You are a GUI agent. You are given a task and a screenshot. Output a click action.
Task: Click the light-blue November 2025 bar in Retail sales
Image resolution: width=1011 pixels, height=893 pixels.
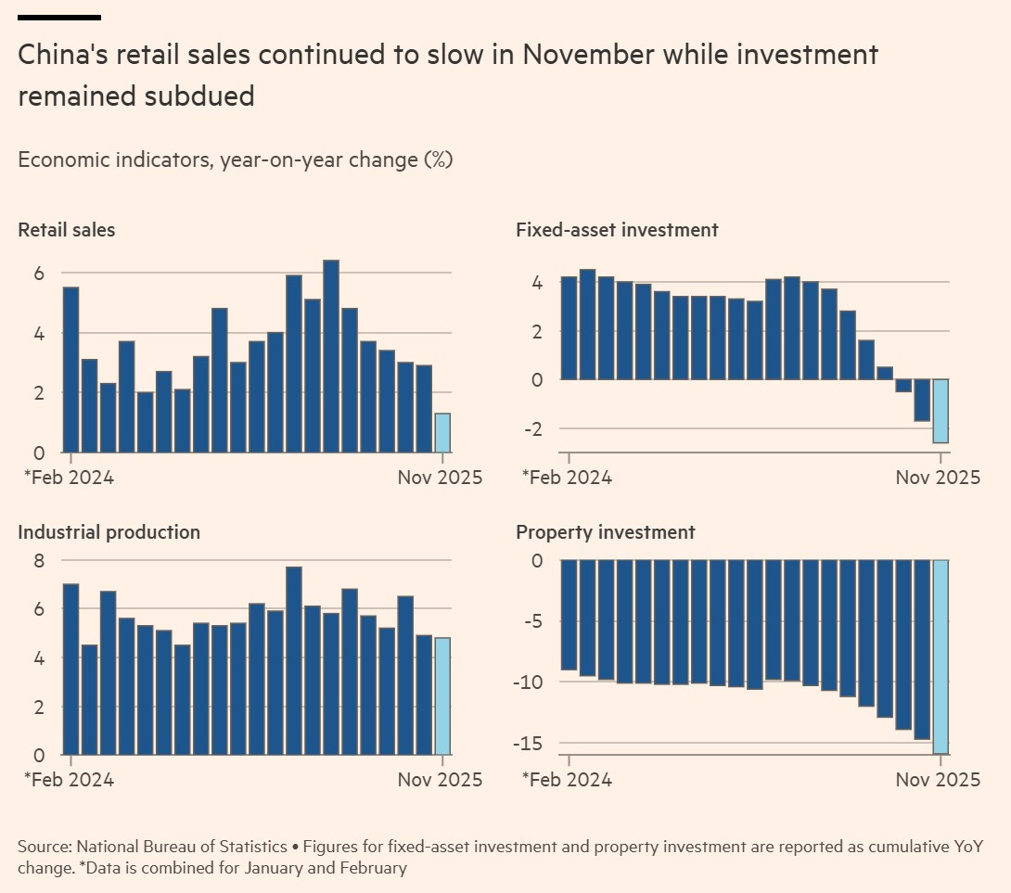(x=442, y=433)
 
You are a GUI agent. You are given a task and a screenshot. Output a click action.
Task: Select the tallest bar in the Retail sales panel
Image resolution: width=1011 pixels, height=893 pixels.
(x=331, y=357)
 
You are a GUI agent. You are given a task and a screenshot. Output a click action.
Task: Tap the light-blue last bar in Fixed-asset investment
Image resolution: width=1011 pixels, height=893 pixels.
(x=941, y=411)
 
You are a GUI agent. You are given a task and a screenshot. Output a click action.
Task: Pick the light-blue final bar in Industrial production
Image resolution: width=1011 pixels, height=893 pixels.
(x=442, y=696)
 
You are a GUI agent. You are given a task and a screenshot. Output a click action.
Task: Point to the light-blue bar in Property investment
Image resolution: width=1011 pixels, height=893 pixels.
(x=941, y=657)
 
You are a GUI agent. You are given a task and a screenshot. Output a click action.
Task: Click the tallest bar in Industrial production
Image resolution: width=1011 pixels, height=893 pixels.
(x=294, y=660)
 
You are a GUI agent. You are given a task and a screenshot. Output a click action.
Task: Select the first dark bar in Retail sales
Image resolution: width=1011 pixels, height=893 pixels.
(x=70, y=370)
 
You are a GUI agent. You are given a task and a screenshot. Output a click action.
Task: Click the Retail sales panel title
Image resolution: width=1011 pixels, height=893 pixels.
(x=67, y=230)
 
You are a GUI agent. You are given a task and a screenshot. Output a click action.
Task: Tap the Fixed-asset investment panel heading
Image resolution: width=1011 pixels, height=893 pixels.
(x=617, y=230)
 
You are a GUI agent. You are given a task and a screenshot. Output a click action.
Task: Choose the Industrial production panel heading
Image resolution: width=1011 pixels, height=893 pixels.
(x=109, y=532)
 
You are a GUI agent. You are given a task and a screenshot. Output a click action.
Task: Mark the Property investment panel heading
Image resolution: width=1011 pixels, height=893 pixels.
(x=605, y=532)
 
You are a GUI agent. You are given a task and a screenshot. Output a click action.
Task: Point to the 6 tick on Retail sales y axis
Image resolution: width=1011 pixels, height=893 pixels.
(x=39, y=274)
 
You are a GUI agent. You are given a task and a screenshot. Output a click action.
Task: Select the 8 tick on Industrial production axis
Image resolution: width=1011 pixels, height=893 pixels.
(x=39, y=560)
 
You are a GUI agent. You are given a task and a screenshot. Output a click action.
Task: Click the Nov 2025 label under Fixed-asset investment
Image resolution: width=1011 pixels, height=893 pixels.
(x=937, y=478)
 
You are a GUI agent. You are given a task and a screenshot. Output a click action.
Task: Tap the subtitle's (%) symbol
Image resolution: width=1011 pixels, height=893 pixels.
(x=438, y=159)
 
